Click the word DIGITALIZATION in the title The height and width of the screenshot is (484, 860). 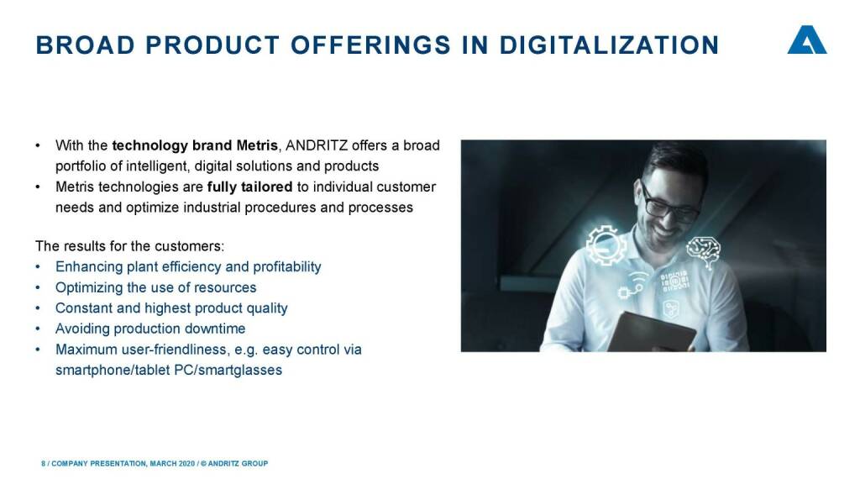pos(609,45)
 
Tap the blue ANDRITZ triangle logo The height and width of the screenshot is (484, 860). pos(807,39)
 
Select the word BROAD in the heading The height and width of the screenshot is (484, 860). pos(85,45)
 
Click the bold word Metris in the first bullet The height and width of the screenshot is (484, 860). pos(257,145)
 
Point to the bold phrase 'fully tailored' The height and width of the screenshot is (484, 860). pos(249,187)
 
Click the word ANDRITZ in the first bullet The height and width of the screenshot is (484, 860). pos(317,145)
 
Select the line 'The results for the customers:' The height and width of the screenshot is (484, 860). pos(130,246)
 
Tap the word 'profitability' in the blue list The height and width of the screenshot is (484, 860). pos(287,266)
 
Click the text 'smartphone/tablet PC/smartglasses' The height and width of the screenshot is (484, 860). pos(169,371)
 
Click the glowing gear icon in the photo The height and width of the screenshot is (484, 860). pos(606,245)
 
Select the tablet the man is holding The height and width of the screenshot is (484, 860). pos(653,331)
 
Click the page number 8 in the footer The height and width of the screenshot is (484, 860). pos(44,464)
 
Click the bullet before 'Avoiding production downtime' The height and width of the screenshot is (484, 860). pos(38,329)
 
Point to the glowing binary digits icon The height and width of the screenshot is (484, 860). pos(674,281)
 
